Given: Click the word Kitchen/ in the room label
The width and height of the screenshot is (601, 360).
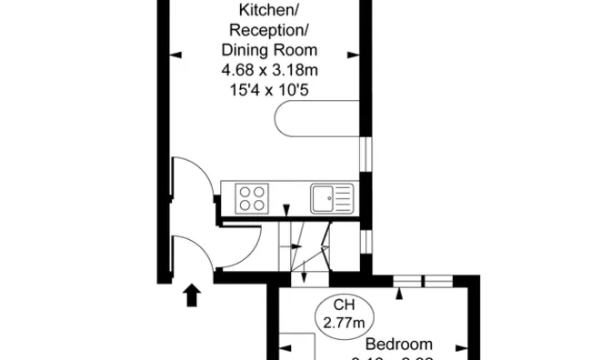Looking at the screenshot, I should pyautogui.click(x=268, y=11).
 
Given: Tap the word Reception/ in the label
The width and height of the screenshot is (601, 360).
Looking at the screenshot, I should pyautogui.click(x=268, y=32).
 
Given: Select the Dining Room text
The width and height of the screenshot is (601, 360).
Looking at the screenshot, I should pyautogui.click(x=268, y=52).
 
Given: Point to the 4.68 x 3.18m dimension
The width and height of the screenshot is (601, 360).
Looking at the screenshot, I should pyautogui.click(x=268, y=71).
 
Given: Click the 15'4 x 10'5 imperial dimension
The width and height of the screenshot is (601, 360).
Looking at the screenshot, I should pyautogui.click(x=268, y=90).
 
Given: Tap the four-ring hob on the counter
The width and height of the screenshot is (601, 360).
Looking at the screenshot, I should pyautogui.click(x=252, y=196).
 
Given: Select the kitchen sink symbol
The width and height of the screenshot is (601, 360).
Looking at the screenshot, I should pyautogui.click(x=331, y=197).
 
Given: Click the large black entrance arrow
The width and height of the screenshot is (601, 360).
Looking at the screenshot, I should pyautogui.click(x=193, y=295).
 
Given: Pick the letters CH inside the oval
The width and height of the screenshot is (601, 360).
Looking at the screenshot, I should pyautogui.click(x=344, y=305).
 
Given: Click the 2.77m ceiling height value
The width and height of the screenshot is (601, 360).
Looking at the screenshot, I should pyautogui.click(x=344, y=322).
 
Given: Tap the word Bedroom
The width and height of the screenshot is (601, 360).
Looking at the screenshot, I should pyautogui.click(x=400, y=345).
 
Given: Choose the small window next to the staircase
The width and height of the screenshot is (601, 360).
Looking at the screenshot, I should pyautogui.click(x=365, y=241).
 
